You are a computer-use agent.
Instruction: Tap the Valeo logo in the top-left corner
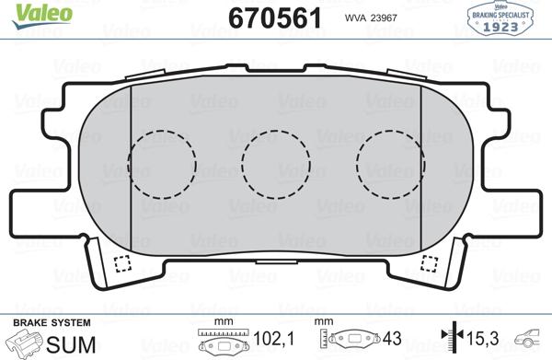pyautogui.click(x=29, y=11)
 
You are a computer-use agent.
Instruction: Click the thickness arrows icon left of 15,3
pyautogui.click(x=449, y=340)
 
